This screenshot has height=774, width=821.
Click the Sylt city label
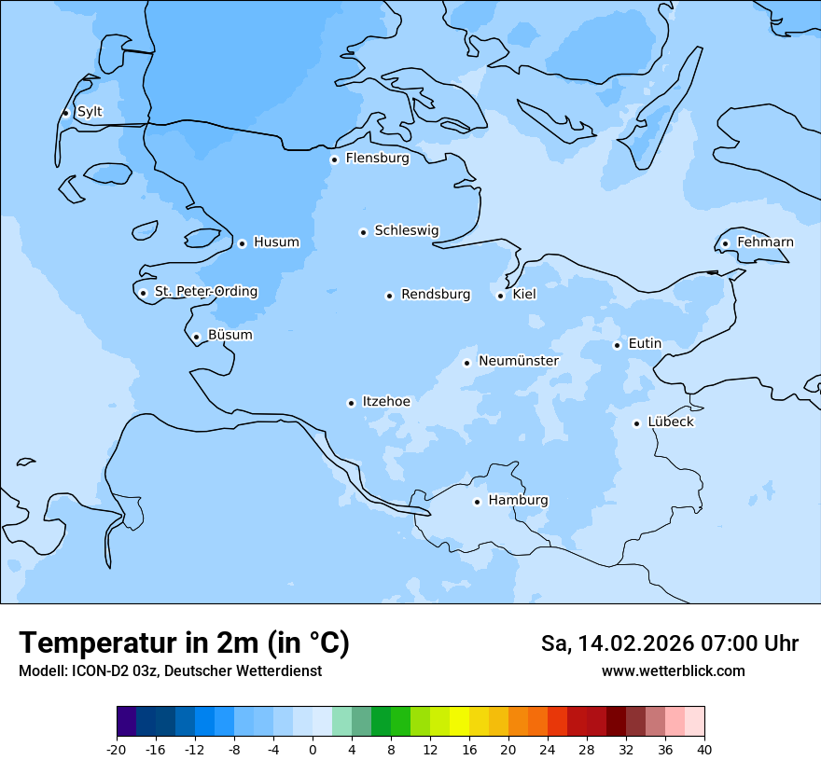tap(90, 112)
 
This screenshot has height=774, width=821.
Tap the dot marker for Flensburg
tap(334, 159)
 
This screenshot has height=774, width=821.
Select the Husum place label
tap(276, 242)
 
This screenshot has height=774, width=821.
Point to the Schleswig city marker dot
tap(363, 232)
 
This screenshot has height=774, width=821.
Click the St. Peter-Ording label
tap(205, 292)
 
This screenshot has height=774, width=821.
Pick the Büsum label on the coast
tap(230, 335)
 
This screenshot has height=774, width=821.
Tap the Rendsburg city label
tap(436, 295)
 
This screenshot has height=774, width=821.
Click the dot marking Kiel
tap(500, 296)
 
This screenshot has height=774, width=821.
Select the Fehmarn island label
tap(765, 242)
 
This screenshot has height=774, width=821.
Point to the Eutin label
tap(645, 344)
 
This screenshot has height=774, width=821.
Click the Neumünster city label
tap(519, 361)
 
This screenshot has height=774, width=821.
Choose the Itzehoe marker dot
tap(351, 403)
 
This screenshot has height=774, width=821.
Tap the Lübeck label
tap(670, 422)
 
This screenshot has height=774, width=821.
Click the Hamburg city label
tap(518, 501)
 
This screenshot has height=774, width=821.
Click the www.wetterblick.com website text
tap(673, 671)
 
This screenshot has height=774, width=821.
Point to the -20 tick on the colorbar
tap(117, 750)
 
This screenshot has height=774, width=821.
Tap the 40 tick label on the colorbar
tap(704, 750)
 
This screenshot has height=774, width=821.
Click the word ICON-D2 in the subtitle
tap(96, 671)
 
